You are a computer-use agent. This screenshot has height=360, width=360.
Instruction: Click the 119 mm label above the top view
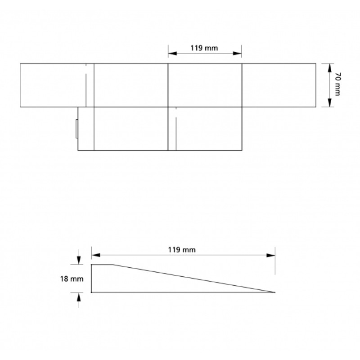click(204, 48)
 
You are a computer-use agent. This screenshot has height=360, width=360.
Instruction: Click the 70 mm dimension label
click(338, 84)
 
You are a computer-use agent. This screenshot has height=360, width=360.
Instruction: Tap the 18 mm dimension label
click(72, 279)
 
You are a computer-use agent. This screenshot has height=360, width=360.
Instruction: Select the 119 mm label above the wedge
click(182, 250)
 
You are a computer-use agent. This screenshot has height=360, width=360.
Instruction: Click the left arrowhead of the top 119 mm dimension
click(173, 54)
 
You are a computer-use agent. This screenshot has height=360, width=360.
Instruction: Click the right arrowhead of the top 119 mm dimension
click(237, 54)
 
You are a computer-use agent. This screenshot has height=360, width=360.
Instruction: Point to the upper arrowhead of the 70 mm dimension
click(330, 68)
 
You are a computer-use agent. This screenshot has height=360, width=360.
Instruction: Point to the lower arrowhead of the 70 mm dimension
click(330, 103)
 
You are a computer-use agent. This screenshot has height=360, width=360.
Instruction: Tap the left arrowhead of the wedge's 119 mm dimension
click(96, 255)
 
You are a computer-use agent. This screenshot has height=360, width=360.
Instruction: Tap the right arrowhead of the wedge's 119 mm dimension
click(271, 255)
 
